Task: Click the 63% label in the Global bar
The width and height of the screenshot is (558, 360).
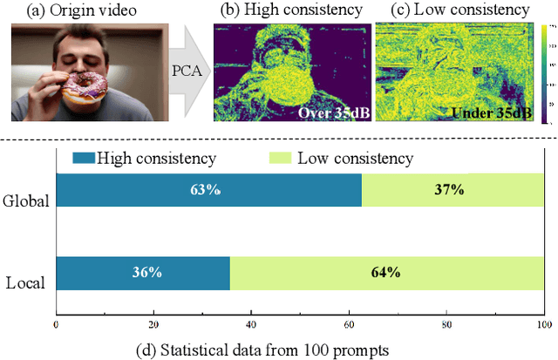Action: pyautogui.click(x=208, y=190)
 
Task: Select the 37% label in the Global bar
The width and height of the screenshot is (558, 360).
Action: pyautogui.click(x=451, y=190)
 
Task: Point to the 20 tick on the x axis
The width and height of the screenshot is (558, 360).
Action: pyautogui.click(x=153, y=323)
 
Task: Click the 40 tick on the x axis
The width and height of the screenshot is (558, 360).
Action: pyautogui.click(x=251, y=323)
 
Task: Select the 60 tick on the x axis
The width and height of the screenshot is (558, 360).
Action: pyautogui.click(x=349, y=323)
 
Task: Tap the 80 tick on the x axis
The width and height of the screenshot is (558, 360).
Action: pyautogui.click(x=446, y=323)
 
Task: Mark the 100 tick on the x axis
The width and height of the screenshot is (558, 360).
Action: pyautogui.click(x=542, y=323)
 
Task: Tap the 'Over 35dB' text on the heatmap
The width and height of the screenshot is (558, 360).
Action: pyautogui.click(x=333, y=114)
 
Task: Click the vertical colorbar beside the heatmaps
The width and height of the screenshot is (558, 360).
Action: pyautogui.click(x=545, y=74)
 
